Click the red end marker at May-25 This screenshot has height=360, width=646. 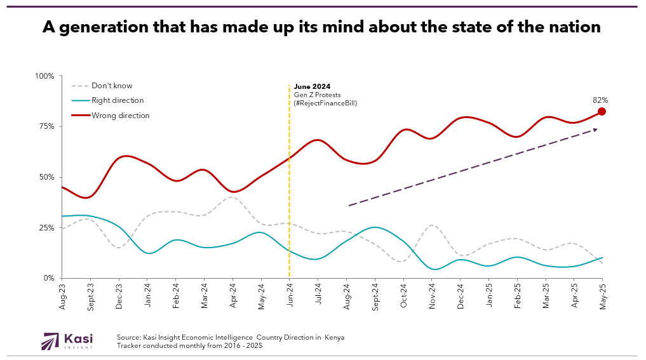click(x=602, y=112)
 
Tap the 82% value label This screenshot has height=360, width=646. click(x=600, y=100)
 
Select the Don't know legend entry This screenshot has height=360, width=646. click(x=112, y=86)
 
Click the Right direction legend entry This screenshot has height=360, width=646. click(x=118, y=100)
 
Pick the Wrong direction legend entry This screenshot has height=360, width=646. click(x=120, y=116)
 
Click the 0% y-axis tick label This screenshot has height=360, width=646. click(x=48, y=278)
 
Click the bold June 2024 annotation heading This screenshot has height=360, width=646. click(x=312, y=86)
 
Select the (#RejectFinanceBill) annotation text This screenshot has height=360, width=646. click(x=325, y=102)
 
